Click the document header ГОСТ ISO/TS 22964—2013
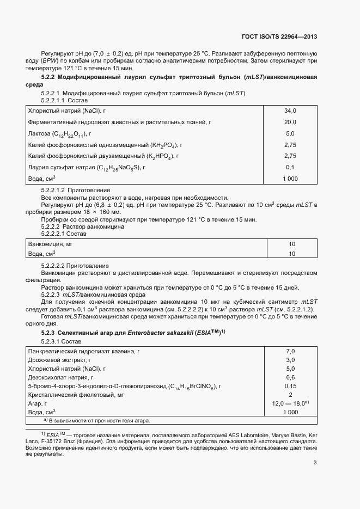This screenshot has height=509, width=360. (279, 37)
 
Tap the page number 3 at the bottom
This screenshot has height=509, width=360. (315, 463)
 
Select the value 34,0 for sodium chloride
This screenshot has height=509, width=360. (290, 111)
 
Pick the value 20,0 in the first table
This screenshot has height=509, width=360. (290, 122)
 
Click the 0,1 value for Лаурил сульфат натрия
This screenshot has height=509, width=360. (290, 168)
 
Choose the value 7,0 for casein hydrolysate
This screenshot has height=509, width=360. (290, 351)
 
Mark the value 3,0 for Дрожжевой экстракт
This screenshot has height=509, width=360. (290, 360)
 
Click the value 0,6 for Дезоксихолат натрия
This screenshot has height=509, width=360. (290, 377)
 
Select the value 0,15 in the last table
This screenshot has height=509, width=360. (290, 386)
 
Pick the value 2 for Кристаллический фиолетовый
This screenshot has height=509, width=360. (290, 395)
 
